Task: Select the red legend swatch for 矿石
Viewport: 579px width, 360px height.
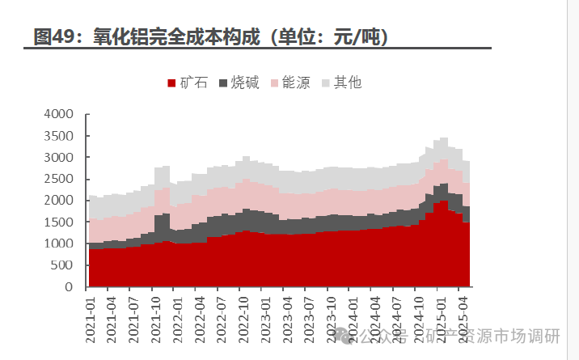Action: (171, 83)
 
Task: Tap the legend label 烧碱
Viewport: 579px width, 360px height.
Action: (245, 82)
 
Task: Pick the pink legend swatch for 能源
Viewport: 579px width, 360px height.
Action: (274, 83)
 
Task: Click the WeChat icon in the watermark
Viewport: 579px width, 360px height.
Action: (345, 334)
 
